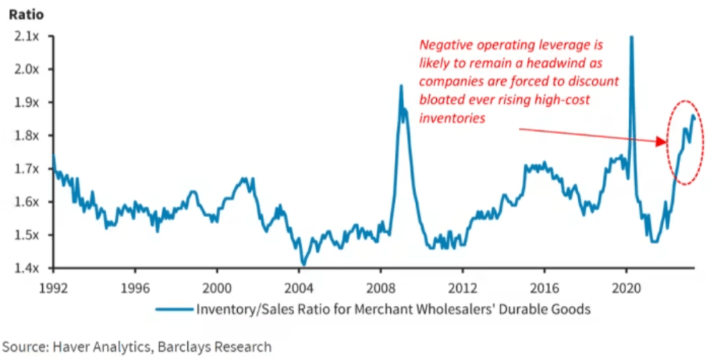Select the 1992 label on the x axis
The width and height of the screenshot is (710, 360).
coord(53,286)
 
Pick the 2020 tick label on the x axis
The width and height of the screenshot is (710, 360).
coord(627,286)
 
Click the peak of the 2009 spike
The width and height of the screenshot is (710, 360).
coord(401,86)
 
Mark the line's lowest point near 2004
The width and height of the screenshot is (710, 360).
coord(302,264)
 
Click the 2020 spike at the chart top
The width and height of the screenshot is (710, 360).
coord(631,39)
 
